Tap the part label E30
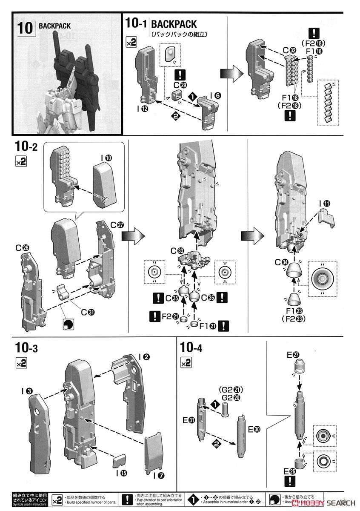tap(254, 430)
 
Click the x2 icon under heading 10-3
tap(21, 362)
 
